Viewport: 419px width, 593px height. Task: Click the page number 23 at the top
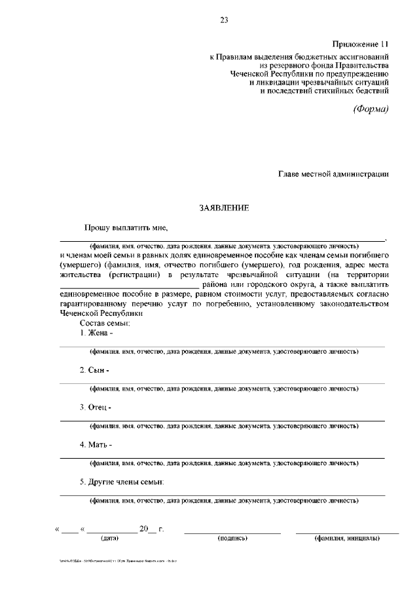[x=224, y=21]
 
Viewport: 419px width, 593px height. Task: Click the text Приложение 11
[x=361, y=44]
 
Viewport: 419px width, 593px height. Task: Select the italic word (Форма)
[x=371, y=109]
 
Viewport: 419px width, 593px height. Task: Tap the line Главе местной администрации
[x=333, y=174]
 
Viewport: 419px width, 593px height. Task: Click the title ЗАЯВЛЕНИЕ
[x=225, y=208]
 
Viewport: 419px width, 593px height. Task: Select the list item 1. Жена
[x=96, y=333]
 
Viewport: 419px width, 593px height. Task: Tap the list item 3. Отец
[x=96, y=407]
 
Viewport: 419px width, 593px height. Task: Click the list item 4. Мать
[x=96, y=444]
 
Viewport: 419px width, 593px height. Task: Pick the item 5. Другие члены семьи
[x=122, y=482]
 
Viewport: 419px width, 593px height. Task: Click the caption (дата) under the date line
[x=109, y=539]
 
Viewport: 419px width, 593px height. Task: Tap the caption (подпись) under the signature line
[x=232, y=539]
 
